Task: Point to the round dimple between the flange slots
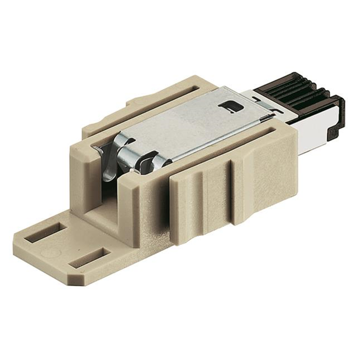62,248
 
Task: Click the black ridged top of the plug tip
292,90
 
